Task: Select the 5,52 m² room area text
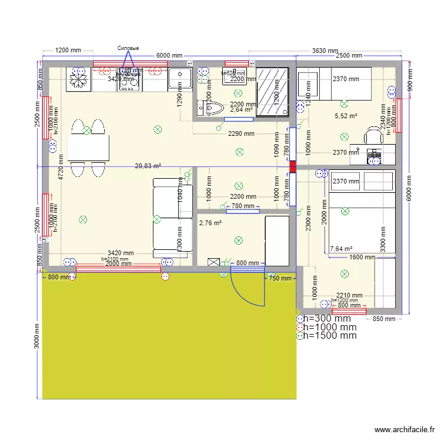tap(346, 116)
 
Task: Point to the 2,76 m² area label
tap(210, 223)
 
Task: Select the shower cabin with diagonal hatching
tap(273, 92)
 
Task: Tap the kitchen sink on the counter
tap(179, 79)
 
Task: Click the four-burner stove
tap(130, 80)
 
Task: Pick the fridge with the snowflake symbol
tap(78, 79)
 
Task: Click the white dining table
tap(88, 148)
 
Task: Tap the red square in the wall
tap(292, 166)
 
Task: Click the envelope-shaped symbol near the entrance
tap(213, 262)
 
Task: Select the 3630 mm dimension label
tap(325, 51)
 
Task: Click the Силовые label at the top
tap(128, 48)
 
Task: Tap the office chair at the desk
tap(373, 136)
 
